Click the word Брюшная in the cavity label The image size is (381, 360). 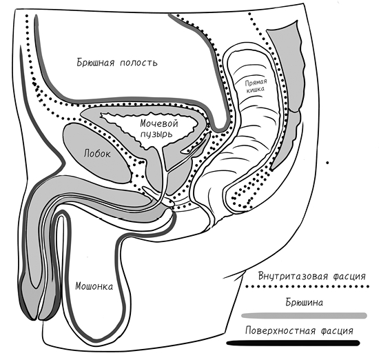96,62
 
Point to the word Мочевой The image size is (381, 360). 159,123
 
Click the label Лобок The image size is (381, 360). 97,154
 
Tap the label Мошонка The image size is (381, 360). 94,286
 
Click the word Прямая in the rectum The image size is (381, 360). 256,83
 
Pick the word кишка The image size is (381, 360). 256,90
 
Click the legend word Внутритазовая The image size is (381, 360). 292,277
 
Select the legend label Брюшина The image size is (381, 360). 305,303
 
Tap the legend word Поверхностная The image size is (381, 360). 280,331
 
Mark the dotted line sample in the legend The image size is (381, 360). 307,287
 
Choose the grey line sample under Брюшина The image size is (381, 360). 305,316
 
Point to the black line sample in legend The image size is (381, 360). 294,343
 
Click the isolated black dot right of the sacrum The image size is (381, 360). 327,163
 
